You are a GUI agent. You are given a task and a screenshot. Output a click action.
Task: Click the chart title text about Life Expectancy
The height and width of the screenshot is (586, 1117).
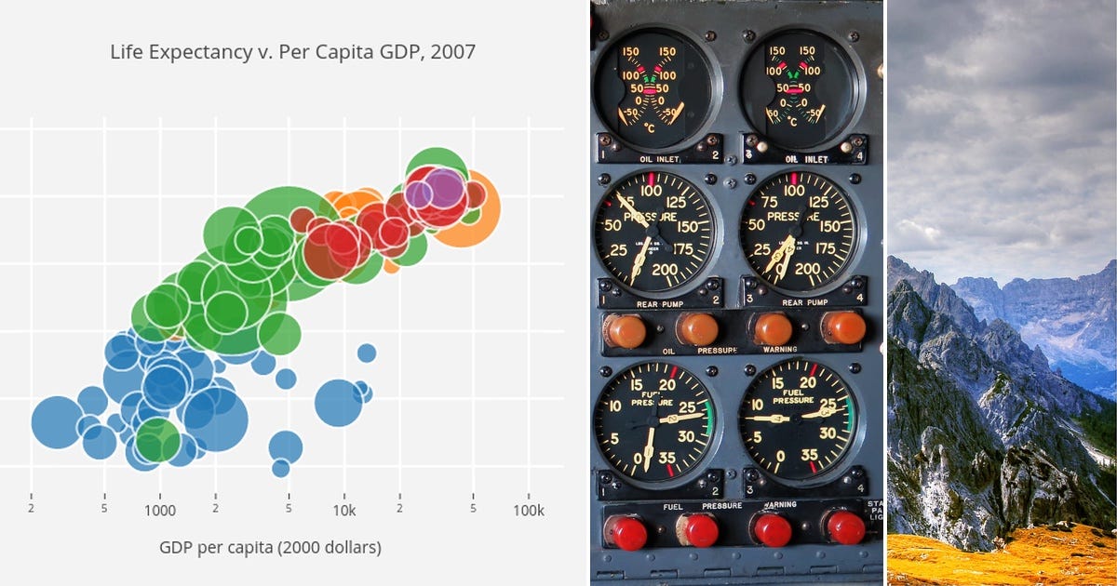click(x=292, y=52)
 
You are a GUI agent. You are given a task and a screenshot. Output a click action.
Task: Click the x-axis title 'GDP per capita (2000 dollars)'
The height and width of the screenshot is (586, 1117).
click(x=270, y=547)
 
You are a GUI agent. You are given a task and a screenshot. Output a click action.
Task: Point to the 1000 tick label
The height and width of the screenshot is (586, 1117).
click(x=159, y=510)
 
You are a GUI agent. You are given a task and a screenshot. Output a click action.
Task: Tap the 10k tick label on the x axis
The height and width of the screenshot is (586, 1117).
click(x=343, y=510)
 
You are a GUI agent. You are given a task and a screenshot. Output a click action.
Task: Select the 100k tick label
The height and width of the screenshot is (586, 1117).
click(x=528, y=510)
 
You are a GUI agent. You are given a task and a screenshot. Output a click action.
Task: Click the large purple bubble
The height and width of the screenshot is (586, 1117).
click(x=446, y=189)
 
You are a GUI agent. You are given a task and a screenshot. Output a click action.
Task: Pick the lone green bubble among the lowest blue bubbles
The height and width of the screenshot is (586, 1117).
click(x=157, y=439)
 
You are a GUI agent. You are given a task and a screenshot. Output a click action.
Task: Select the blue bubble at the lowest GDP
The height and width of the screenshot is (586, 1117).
click(x=58, y=421)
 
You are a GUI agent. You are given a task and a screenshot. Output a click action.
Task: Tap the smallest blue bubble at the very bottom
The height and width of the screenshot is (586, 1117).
click(x=281, y=468)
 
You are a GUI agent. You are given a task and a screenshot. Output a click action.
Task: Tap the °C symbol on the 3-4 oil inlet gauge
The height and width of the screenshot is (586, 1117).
click(x=791, y=120)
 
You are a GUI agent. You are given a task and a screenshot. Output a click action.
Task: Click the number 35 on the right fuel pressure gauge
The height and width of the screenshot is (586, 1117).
click(x=809, y=456)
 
